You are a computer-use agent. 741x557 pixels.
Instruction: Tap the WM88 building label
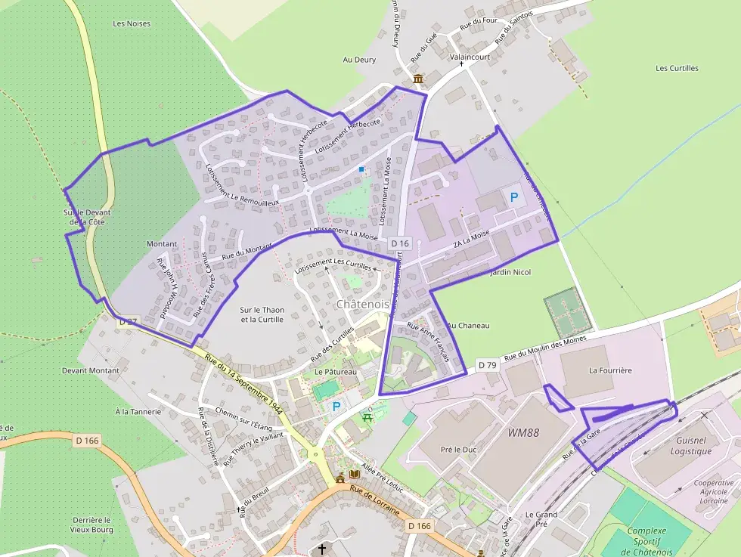click(523, 432)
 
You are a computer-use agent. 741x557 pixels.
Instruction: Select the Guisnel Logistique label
click(691, 446)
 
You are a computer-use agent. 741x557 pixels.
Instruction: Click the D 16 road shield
click(400, 243)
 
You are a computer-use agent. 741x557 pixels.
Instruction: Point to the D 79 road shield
click(488, 366)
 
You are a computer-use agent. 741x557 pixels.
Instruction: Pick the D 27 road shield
click(128, 321)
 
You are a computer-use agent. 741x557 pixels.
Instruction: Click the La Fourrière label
click(610, 371)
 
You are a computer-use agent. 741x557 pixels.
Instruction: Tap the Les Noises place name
click(132, 23)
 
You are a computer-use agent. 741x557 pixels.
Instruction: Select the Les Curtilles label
click(677, 68)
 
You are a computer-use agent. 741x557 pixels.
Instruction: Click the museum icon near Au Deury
click(417, 79)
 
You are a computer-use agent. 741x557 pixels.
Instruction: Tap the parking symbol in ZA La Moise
click(514, 197)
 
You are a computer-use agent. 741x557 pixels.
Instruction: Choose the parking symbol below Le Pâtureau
click(336, 407)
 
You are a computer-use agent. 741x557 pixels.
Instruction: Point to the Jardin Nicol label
click(511, 272)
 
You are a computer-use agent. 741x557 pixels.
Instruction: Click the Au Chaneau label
click(469, 326)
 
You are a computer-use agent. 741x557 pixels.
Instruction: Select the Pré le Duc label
click(458, 450)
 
